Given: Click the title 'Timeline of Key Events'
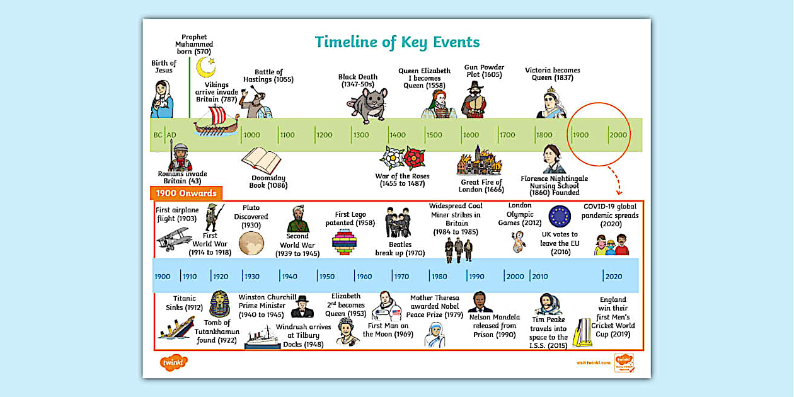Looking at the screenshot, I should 397,42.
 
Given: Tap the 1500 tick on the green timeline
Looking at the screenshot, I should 434,135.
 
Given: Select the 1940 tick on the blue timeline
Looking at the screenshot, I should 289,276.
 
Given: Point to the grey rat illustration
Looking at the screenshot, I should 368,105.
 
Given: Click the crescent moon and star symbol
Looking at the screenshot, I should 205,66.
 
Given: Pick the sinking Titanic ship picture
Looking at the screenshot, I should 176,328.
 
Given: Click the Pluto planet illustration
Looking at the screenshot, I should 250,243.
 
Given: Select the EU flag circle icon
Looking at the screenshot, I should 559,216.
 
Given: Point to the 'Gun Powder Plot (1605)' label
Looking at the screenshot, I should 484,71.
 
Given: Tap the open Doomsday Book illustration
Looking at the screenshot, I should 260,160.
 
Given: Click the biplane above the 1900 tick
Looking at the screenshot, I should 174,239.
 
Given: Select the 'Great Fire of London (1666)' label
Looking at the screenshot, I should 482,186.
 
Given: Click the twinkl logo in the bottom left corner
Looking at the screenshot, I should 173,363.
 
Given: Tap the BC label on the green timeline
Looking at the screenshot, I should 158,135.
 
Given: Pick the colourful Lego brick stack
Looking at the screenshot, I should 345,242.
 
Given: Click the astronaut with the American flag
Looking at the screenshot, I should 386,307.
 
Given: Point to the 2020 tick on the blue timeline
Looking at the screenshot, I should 613,276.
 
